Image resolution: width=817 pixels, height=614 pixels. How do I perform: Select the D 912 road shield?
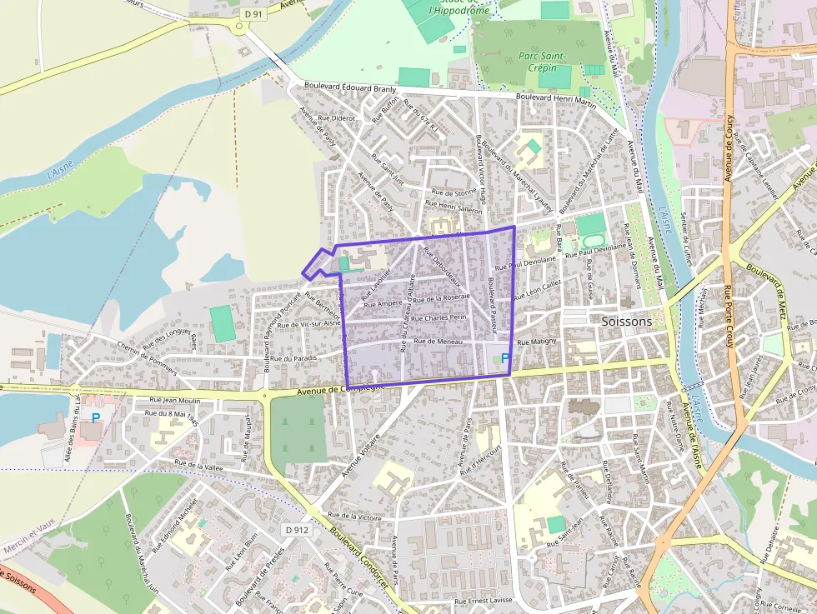coord(296,529)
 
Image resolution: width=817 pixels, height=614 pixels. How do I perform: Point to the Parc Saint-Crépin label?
coord(542,61)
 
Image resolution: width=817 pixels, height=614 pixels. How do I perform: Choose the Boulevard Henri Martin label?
coord(556,99)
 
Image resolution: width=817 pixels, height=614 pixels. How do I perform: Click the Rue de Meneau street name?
coord(438,341)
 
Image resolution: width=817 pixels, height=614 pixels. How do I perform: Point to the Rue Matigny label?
coord(536,342)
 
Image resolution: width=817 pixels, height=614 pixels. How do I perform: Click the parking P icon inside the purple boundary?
coord(505,357)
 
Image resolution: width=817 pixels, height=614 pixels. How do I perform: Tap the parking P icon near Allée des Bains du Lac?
coord(96,416)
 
